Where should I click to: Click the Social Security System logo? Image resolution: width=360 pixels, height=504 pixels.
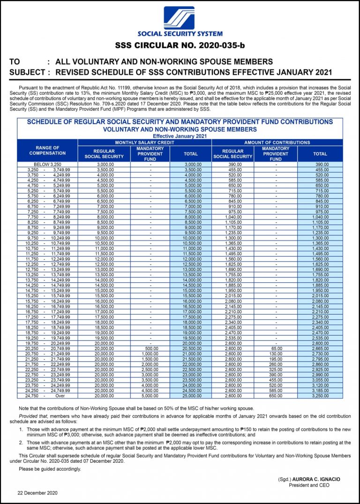click(179, 18)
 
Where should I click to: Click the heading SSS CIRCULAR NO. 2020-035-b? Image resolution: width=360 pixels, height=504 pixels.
click(180, 45)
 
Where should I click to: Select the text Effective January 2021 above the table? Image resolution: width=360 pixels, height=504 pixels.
click(180, 136)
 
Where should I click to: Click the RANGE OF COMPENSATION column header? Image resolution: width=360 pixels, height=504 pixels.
click(47, 150)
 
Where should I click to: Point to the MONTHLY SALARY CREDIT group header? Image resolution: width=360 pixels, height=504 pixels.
click(144, 142)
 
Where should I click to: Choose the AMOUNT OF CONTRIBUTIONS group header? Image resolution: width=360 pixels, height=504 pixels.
click(277, 142)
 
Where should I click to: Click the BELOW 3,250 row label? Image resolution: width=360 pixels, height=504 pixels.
click(47, 165)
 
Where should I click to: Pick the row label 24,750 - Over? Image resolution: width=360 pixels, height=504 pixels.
click(47, 396)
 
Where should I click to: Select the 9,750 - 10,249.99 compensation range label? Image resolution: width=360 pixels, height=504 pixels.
click(47, 238)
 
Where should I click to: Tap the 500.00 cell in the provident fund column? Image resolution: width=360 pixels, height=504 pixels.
click(150, 349)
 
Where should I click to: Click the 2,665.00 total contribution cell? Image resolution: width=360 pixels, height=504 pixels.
click(320, 349)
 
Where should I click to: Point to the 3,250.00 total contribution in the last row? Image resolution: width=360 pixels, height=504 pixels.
click(320, 396)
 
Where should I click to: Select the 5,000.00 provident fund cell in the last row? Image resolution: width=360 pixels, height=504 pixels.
click(150, 396)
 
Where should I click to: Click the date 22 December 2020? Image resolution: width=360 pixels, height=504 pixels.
click(37, 493)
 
